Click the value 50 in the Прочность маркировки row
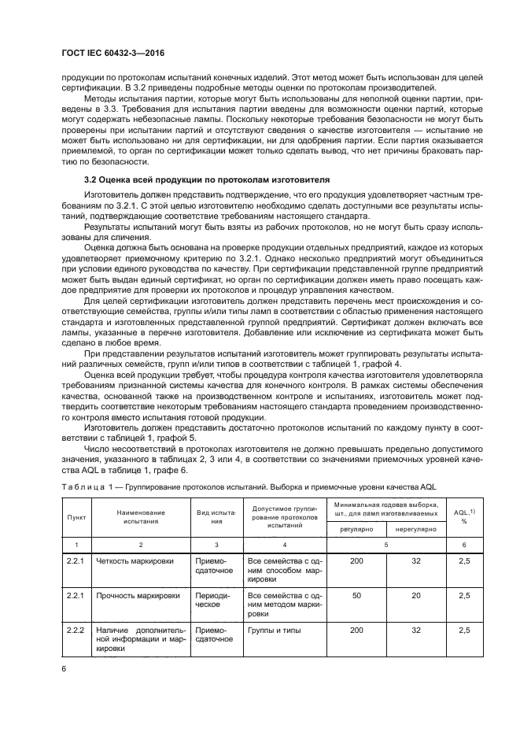pyautogui.click(x=356, y=596)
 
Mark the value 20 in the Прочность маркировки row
pyautogui.click(x=415, y=596)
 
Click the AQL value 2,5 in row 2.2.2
pyautogui.click(x=464, y=631)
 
